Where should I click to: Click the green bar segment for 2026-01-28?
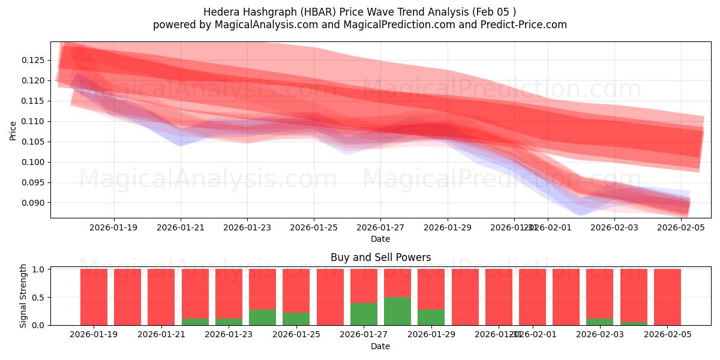pos(397,311)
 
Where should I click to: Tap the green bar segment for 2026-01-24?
pos(262,317)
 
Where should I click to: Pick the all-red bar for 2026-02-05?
pos(667,297)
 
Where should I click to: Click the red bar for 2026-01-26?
pos(330,297)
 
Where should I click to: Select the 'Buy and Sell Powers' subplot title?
pos(380,258)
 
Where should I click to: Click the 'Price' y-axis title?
pos(13,130)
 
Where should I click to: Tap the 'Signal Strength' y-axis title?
pos(23,296)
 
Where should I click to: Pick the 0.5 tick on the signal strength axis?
pos(39,297)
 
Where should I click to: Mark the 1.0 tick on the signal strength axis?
pos(39,269)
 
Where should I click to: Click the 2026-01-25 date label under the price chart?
pos(313,228)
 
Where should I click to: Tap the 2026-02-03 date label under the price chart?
pos(614,228)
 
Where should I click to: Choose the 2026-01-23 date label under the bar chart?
pos(229,335)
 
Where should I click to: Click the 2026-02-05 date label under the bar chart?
pos(667,335)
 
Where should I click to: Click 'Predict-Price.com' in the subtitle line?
pos(528,25)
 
